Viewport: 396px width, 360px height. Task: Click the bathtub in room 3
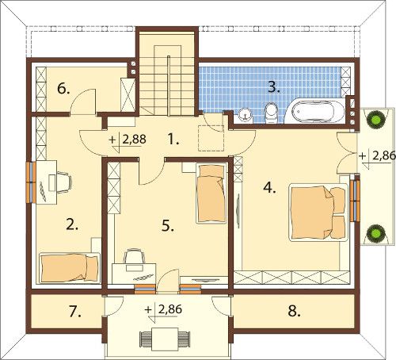pyautogui.click(x=315, y=111)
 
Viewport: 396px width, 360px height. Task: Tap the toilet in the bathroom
pyautogui.click(x=271, y=113)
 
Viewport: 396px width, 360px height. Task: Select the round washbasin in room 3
pyautogui.click(x=246, y=115)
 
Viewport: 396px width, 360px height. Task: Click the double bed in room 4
pyautogui.click(x=318, y=213)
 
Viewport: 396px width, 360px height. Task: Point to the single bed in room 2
pyautogui.click(x=70, y=267)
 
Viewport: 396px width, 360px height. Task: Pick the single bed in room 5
pyautogui.click(x=211, y=193)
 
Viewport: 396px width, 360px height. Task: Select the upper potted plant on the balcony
pyautogui.click(x=375, y=120)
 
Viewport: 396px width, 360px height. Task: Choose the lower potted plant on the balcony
pyautogui.click(x=375, y=233)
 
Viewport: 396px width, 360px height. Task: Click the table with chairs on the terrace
pyautogui.click(x=165, y=338)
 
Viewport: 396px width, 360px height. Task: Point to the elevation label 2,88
pyautogui.click(x=134, y=140)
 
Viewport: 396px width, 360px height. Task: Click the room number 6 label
pyautogui.click(x=63, y=89)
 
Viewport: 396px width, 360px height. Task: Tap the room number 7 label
pyautogui.click(x=75, y=312)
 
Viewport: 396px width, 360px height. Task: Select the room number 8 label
pyautogui.click(x=294, y=311)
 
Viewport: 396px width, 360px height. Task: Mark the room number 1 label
pyautogui.click(x=173, y=139)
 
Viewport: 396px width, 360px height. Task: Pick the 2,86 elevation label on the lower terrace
pyautogui.click(x=169, y=309)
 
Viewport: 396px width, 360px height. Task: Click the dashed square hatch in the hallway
pyautogui.click(x=211, y=138)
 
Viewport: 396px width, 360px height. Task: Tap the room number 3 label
pyautogui.click(x=274, y=87)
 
